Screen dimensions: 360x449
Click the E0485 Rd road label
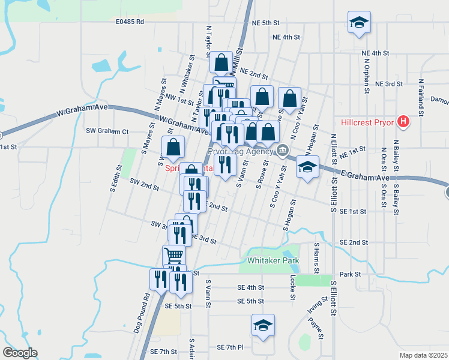[x=130, y=22]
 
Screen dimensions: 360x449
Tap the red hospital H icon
[x=403, y=122]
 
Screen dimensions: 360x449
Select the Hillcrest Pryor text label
[x=367, y=122]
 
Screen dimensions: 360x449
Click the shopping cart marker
[x=173, y=255]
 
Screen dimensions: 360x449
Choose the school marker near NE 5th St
[x=359, y=23]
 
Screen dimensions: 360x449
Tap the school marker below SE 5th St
[x=263, y=325]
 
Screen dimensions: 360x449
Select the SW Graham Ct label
[x=107, y=131]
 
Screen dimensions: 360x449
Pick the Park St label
[x=349, y=274]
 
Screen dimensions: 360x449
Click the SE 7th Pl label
[x=231, y=347]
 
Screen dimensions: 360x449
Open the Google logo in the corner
[x=20, y=353]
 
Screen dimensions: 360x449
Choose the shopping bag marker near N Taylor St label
[x=221, y=62]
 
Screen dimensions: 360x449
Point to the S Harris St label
[x=316, y=255]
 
